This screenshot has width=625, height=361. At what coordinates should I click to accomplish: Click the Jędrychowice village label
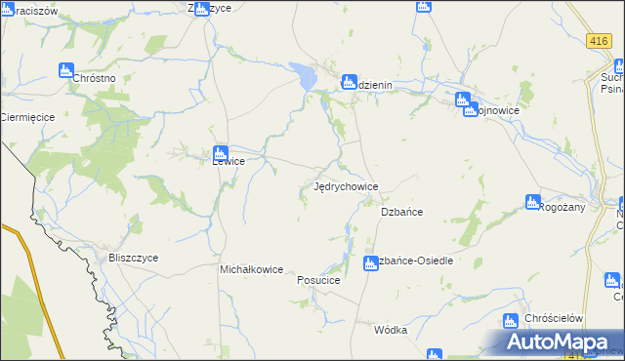pos(345,185)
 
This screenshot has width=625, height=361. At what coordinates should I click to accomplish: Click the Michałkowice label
pos(251,269)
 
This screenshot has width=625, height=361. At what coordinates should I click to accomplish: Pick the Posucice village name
pos(317,280)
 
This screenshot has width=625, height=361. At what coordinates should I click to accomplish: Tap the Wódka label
pos(390,330)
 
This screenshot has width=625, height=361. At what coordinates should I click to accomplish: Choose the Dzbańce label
pos(400,212)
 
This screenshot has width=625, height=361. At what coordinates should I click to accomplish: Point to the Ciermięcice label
pos(26,117)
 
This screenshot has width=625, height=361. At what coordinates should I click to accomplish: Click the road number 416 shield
pos(599,41)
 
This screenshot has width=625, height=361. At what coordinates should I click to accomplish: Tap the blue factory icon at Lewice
pos(221,152)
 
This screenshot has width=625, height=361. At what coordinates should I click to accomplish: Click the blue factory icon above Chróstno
pos(65,70)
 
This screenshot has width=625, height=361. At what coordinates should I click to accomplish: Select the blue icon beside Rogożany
pos(532,201)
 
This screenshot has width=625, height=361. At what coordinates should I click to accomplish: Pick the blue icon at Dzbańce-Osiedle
pos(370,261)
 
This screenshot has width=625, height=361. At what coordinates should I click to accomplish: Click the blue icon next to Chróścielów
pos(510,320)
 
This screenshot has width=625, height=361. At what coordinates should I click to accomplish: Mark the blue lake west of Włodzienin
pos(306,74)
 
